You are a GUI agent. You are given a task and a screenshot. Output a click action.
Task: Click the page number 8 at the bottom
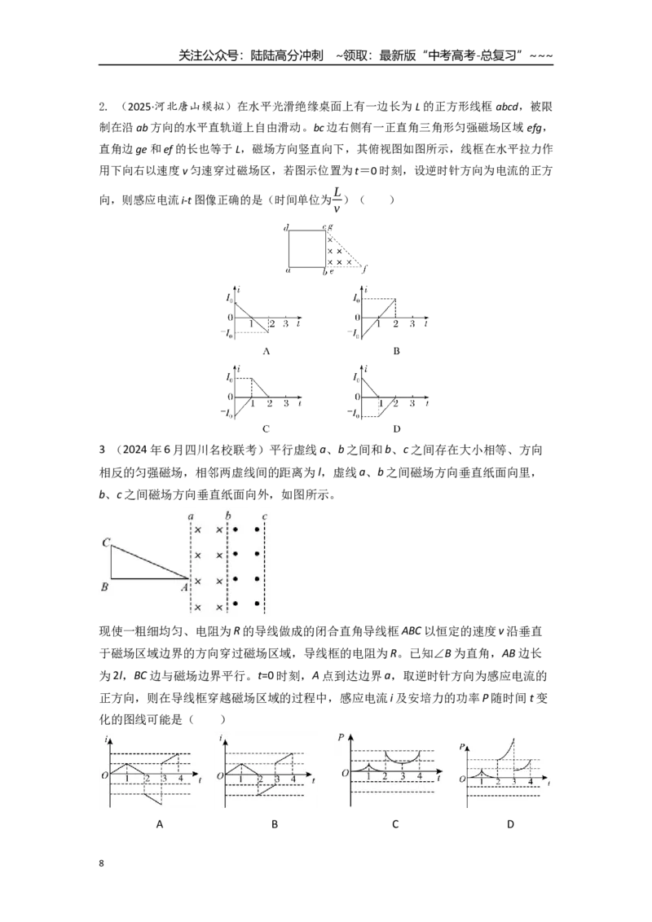(102, 863)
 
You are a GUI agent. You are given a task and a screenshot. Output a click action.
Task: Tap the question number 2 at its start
(103, 107)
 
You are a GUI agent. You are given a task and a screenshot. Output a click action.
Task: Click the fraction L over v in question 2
(337, 200)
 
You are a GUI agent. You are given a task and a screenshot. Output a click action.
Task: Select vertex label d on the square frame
(286, 227)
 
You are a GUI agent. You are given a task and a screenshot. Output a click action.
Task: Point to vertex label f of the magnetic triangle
(365, 270)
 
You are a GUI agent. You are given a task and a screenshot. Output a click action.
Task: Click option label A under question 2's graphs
(266, 351)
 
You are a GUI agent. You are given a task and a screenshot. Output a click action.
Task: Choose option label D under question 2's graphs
(397, 428)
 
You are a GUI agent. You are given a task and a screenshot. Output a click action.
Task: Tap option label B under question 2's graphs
(397, 351)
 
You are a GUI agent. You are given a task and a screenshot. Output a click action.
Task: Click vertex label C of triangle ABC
(106, 542)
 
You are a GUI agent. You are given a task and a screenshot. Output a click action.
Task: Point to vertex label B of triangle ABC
(105, 586)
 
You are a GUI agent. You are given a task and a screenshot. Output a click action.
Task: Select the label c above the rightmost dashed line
(265, 517)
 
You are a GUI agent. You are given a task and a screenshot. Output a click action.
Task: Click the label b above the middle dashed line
(228, 516)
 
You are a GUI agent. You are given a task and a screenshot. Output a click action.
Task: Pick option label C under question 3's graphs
(394, 824)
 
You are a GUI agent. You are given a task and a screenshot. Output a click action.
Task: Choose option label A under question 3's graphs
(160, 824)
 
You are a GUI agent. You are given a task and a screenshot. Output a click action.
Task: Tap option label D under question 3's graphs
(510, 824)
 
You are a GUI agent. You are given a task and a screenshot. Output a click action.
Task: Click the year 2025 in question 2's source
(139, 107)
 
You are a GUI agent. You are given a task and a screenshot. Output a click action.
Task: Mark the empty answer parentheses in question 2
(377, 200)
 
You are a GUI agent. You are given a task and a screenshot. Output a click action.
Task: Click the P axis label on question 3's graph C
(341, 737)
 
